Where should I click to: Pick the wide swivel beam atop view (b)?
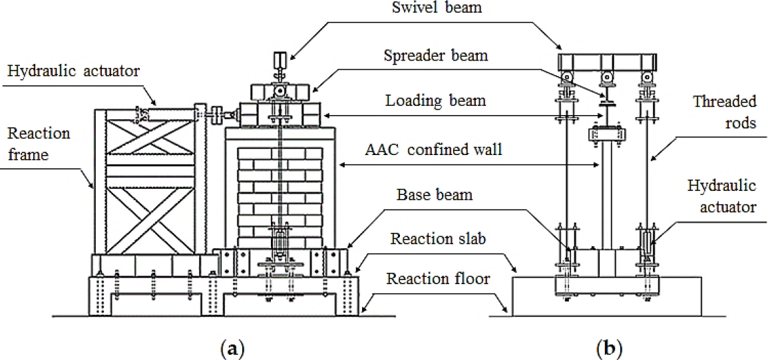tap(604, 63)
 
